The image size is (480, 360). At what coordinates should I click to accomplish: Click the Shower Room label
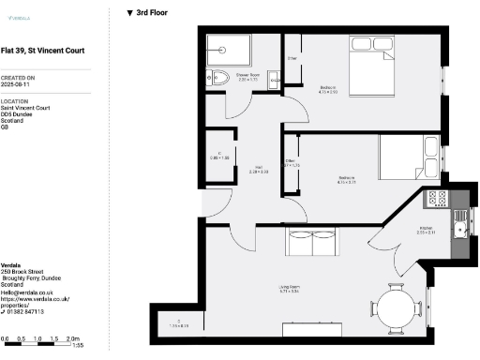(x=247, y=75)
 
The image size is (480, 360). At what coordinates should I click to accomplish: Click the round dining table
(x=395, y=307)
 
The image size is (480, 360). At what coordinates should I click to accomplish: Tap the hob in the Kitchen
(x=437, y=198)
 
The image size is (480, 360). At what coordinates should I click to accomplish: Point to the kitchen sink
(x=458, y=224)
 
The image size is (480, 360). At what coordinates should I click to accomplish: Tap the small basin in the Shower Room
(x=275, y=82)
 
